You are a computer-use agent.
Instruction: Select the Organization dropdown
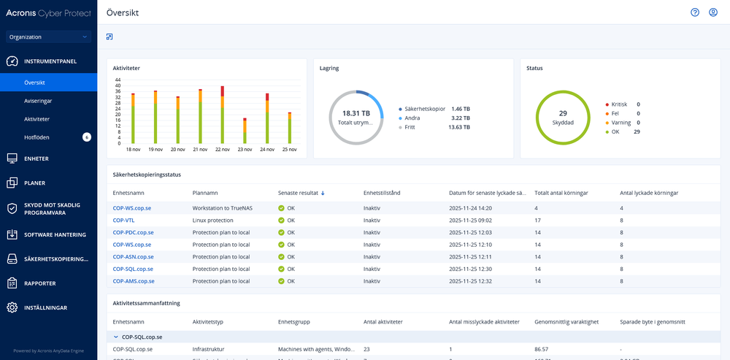(48, 37)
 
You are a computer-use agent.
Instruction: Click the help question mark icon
(695, 12)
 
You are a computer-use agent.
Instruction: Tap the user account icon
(713, 12)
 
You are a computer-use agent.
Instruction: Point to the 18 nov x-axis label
(133, 149)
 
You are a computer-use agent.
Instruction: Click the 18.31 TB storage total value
(356, 113)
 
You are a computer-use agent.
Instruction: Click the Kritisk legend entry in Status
(620, 104)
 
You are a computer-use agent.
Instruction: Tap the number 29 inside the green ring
(563, 113)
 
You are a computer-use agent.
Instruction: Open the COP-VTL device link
(123, 220)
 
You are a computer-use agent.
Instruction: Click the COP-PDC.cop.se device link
(133, 232)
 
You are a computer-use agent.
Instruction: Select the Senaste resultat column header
(298, 193)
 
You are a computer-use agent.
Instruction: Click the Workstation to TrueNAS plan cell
(224, 208)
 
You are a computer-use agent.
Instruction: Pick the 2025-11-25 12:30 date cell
(471, 269)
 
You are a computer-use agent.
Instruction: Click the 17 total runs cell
(537, 220)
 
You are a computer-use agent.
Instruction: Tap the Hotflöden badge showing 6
(87, 137)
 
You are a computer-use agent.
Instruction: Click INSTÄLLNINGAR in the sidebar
(45, 307)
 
